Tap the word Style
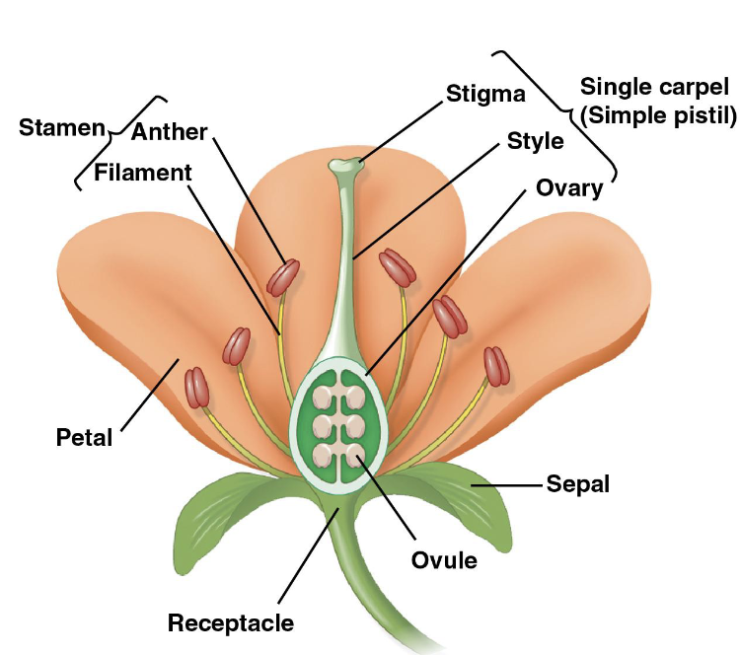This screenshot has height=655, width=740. click(535, 141)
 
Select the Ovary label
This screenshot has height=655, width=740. click(568, 187)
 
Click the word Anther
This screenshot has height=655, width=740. click(169, 131)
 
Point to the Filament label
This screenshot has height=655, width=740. click(143, 173)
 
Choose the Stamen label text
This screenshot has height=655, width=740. click(61, 128)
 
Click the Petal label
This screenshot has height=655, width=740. click(84, 437)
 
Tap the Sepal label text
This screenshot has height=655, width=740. click(577, 484)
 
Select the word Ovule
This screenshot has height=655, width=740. click(444, 560)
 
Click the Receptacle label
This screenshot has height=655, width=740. click(230, 622)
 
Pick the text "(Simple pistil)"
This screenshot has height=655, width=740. click(658, 115)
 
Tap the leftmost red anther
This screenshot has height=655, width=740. click(195, 388)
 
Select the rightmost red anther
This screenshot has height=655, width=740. click(496, 366)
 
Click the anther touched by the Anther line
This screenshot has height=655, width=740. click(284, 275)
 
